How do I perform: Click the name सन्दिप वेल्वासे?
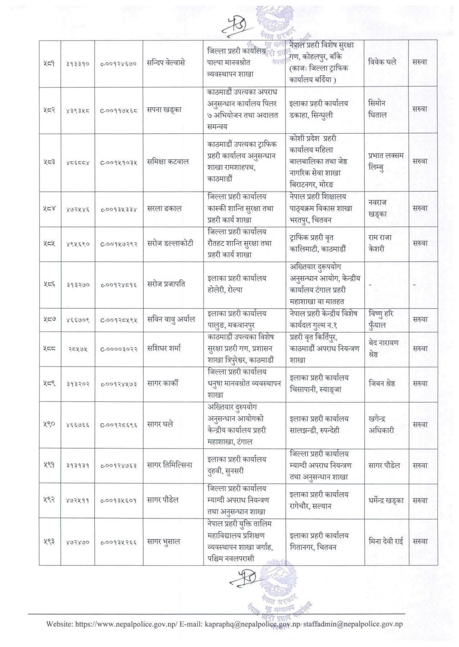pos(166,63)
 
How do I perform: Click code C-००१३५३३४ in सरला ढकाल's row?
pos(118,209)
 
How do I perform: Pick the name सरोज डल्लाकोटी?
pos(170,243)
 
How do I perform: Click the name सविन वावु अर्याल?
pos(171,319)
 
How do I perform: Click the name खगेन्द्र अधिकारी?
pos(381,425)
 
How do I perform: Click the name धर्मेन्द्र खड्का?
pos(386,500)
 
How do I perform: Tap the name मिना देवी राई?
pos(386,541)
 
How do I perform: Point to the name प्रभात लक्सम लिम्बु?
pos(386,162)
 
